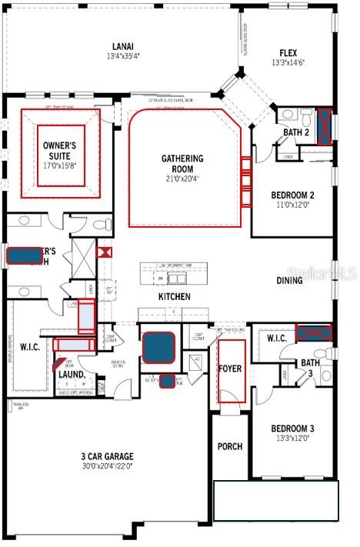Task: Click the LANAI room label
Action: point(121,46)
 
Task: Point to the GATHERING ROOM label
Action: point(182,164)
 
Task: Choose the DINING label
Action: point(289,281)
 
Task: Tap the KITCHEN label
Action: point(175,296)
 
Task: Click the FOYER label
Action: point(230,369)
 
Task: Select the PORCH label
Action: point(230,446)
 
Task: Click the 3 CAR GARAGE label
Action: point(108,455)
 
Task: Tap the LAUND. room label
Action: point(72,375)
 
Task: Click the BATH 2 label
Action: point(295,132)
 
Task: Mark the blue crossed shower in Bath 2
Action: point(325,126)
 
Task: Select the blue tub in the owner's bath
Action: point(25,256)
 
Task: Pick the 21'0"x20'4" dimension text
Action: point(182,179)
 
